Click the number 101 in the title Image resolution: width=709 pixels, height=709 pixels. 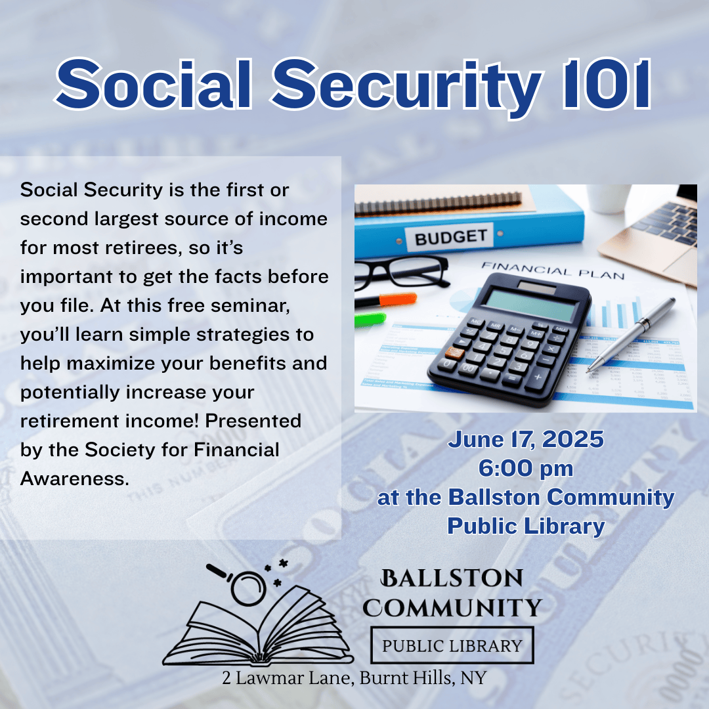607,84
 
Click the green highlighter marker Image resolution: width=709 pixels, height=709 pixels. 370,319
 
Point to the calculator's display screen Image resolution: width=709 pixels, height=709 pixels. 530,305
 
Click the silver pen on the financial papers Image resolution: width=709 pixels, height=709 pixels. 632,335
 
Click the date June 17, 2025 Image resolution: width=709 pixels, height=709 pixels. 525,439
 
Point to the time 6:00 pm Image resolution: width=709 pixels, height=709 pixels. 525,468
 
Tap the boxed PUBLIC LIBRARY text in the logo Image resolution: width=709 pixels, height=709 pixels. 452,646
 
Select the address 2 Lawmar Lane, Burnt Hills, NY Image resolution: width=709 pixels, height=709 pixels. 354,677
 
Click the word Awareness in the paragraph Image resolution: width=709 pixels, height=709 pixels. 75,479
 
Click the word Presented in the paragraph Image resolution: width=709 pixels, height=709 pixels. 253,421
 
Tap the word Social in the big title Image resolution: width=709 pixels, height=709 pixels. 154,84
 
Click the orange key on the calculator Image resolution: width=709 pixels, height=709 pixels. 454,353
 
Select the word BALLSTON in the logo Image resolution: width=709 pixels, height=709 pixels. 452,578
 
